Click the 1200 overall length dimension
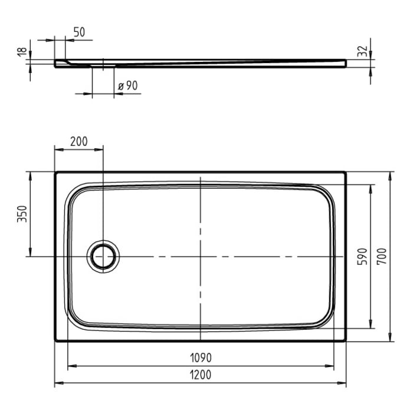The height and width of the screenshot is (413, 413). pyautogui.click(x=201, y=375)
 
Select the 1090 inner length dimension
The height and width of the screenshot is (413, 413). pyautogui.click(x=201, y=358)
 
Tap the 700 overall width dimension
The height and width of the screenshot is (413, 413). pyautogui.click(x=382, y=256)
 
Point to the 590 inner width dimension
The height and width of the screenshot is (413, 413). pyautogui.click(x=362, y=256)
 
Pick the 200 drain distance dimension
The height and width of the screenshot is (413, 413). pyautogui.click(x=78, y=141)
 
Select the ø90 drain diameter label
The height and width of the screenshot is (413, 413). pyautogui.click(x=127, y=86)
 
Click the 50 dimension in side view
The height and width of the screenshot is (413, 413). pyautogui.click(x=80, y=32)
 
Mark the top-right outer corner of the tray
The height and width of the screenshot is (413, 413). pyautogui.click(x=346, y=172)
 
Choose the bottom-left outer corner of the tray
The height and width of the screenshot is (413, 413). pyautogui.click(x=55, y=340)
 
